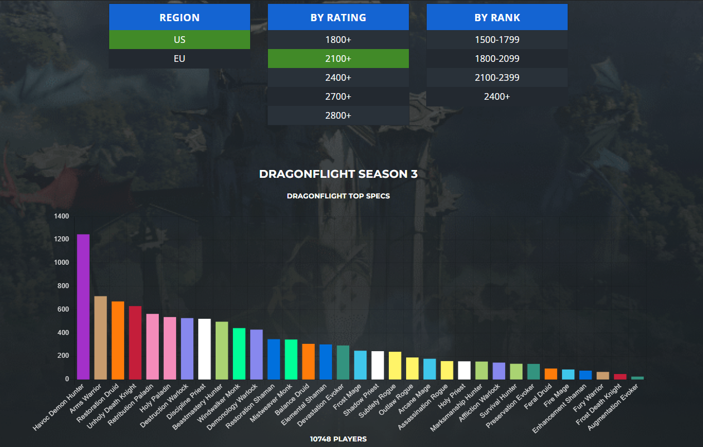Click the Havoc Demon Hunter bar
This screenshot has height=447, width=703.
click(83, 307)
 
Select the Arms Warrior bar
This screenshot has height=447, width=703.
click(100, 338)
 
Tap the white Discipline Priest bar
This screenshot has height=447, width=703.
click(204, 349)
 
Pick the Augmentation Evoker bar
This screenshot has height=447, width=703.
click(637, 378)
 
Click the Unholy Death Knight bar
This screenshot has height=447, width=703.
click(135, 343)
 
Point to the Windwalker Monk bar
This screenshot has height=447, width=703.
click(239, 354)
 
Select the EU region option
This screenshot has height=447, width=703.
click(179, 59)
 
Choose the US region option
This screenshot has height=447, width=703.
click(179, 40)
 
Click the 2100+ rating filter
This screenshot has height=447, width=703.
click(338, 59)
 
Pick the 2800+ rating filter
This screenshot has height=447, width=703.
click(338, 115)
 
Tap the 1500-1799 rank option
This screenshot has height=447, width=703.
click(497, 40)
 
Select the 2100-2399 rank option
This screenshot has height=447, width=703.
click(497, 77)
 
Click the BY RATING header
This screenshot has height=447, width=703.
click(338, 17)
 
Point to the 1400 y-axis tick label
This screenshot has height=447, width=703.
click(61, 216)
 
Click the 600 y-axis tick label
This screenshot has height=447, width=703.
click(63, 309)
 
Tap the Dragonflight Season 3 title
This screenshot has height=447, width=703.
click(338, 174)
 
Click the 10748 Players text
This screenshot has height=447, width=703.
click(338, 439)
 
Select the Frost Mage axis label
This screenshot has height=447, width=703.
click(348, 396)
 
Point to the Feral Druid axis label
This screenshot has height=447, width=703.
click(538, 396)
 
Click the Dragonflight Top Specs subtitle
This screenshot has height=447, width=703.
click(338, 196)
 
